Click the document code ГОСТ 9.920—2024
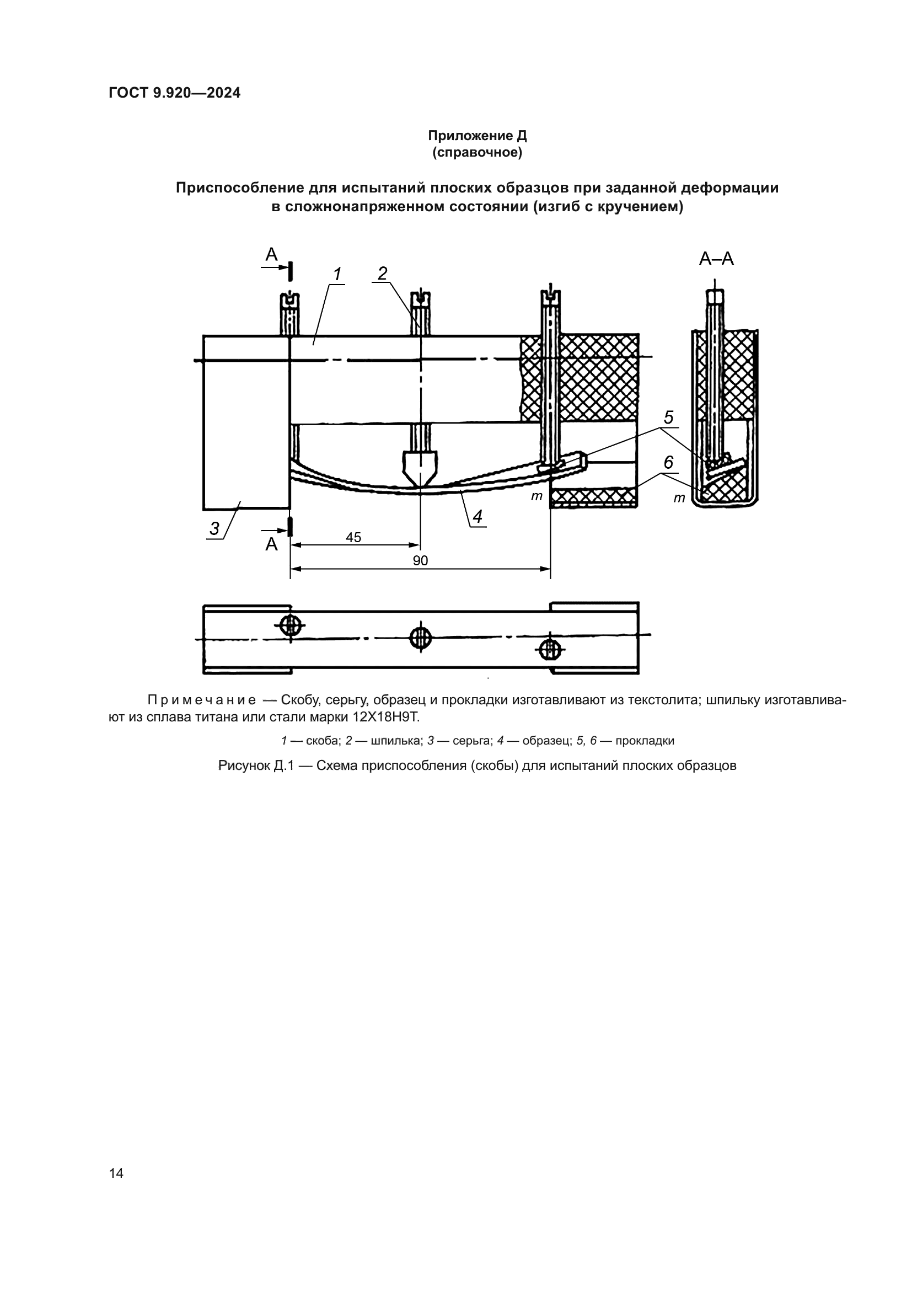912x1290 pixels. [174, 93]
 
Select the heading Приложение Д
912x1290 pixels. [477, 136]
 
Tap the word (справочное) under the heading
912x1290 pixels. [477, 153]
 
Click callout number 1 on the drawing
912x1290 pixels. [337, 275]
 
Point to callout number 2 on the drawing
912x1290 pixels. [382, 274]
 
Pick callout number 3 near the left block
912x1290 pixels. [214, 529]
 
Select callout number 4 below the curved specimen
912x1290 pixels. [478, 516]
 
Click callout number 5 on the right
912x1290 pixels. [668, 417]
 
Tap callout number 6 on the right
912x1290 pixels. [668, 462]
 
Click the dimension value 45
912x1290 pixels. [353, 538]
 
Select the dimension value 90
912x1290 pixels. [420, 561]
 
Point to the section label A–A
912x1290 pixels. [716, 259]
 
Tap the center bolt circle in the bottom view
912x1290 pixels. [420, 638]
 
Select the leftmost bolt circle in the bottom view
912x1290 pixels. [290, 624]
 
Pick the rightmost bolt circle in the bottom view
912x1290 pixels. [550, 650]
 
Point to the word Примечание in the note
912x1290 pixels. [201, 700]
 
